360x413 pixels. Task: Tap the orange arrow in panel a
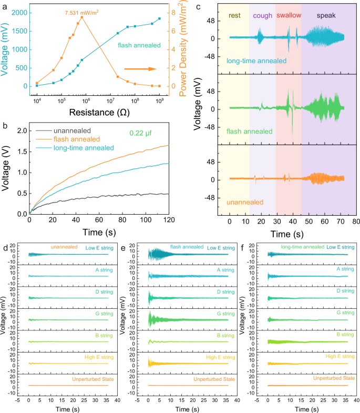click(140, 69)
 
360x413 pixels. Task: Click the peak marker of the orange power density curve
click(82, 17)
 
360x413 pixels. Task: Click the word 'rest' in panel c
click(235, 15)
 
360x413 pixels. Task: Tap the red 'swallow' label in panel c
click(289, 15)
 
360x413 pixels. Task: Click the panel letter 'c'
click(198, 6)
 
